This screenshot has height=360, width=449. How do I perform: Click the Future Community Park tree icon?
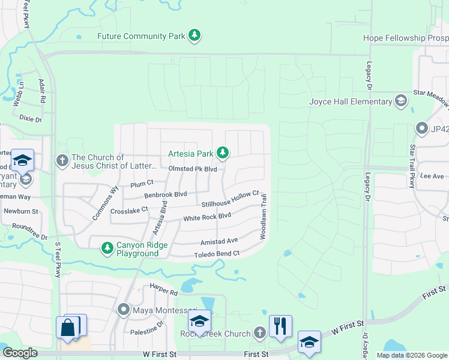(194, 36)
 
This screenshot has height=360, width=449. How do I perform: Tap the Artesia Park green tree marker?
(223, 153)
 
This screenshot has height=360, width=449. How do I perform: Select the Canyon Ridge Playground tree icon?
(107, 248)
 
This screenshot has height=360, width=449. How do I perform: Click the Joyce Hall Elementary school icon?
(400, 101)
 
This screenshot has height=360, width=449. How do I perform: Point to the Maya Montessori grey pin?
(124, 310)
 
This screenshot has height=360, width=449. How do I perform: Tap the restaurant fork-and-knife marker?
(280, 325)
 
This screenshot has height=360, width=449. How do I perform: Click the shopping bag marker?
(68, 327)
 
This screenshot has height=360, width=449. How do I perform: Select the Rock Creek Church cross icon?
(259, 332)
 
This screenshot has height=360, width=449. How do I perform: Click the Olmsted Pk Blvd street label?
(193, 169)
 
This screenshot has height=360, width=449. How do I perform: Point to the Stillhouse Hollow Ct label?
(230, 200)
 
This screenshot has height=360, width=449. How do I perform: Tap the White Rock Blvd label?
(207, 217)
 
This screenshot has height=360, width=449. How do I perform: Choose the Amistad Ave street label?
(218, 241)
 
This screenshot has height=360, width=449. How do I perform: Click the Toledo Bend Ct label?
(216, 254)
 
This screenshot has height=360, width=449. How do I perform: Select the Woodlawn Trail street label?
(263, 216)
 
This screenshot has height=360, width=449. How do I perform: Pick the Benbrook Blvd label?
(166, 194)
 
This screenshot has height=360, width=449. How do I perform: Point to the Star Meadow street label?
(430, 96)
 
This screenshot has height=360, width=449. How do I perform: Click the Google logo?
(20, 353)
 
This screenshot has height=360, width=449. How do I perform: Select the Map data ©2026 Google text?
(412, 355)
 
